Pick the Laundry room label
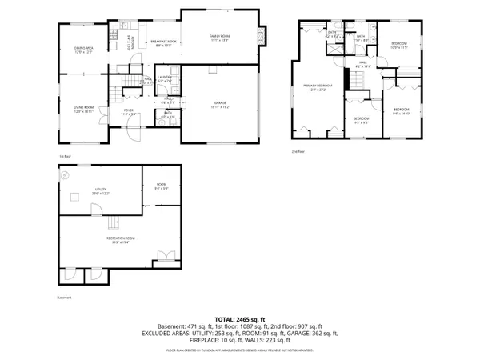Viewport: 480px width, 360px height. pos(166,78)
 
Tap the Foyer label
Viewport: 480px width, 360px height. pos(129,114)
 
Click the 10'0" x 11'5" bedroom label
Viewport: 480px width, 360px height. pos(399,46)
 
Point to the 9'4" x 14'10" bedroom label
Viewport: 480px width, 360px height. pos(401,111)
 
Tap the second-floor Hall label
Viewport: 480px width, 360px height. pos(362,64)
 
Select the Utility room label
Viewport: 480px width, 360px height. pos(100,191)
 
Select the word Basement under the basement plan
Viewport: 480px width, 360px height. pos(65,298)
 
